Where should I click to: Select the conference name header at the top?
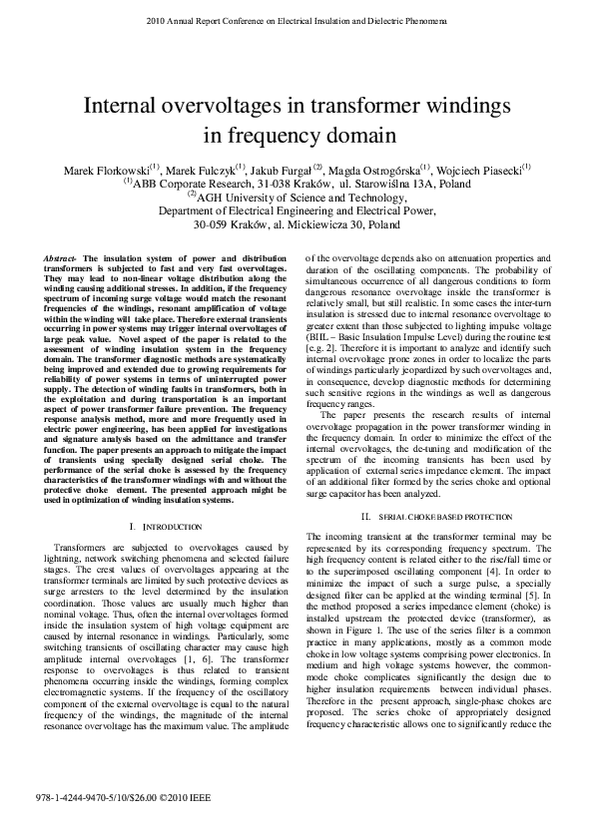point(297,19)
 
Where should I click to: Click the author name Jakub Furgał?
point(274,169)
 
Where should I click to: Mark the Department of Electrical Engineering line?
point(297,211)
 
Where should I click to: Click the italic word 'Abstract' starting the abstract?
point(62,259)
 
